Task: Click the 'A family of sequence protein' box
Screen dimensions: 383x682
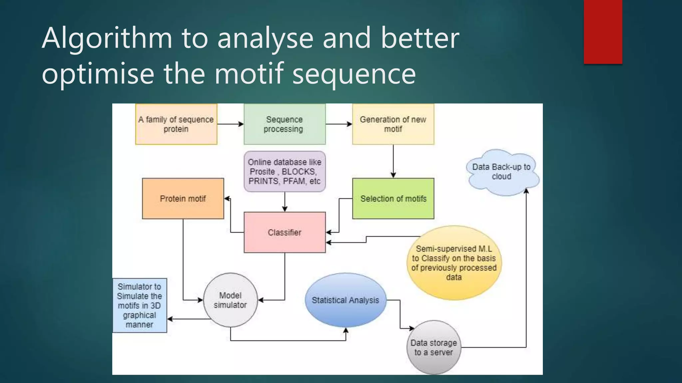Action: (176, 124)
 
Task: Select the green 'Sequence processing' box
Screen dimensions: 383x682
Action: (284, 124)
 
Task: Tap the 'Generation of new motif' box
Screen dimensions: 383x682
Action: (393, 124)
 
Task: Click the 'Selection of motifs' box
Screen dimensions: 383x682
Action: (393, 198)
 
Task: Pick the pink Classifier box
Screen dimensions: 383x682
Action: (284, 232)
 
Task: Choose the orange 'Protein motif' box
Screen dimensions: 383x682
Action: (183, 198)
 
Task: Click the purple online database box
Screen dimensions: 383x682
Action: (284, 172)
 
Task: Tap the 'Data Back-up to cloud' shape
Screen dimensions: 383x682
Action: (502, 172)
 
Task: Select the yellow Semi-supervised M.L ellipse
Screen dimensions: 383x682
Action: (454, 263)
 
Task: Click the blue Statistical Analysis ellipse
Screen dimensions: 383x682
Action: (345, 300)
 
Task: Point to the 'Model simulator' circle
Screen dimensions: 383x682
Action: (230, 300)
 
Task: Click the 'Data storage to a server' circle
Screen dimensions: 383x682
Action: (434, 347)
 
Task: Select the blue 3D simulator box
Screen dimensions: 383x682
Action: (140, 306)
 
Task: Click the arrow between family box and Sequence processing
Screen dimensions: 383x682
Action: (230, 124)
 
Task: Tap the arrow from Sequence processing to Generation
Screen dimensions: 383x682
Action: (339, 124)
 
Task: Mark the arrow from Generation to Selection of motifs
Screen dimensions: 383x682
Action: (393, 161)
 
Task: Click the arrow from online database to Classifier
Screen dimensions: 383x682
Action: (284, 202)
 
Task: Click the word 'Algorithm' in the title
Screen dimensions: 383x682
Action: (107, 39)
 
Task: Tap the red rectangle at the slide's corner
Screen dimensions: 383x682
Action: (603, 32)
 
